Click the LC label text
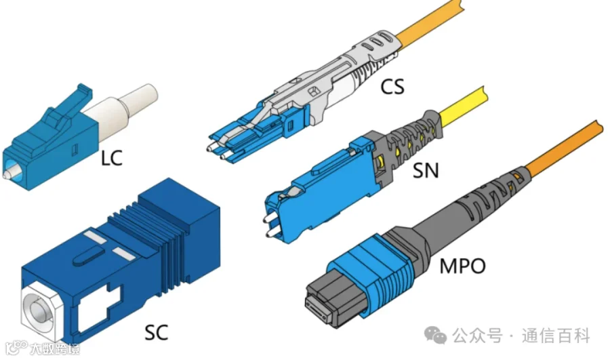(112, 158)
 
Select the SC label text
(157, 332)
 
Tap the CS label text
(392, 86)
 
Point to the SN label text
(426, 170)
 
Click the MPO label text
(462, 266)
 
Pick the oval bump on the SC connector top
(89, 256)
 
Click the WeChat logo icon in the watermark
(435, 335)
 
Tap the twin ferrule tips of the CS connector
(217, 152)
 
